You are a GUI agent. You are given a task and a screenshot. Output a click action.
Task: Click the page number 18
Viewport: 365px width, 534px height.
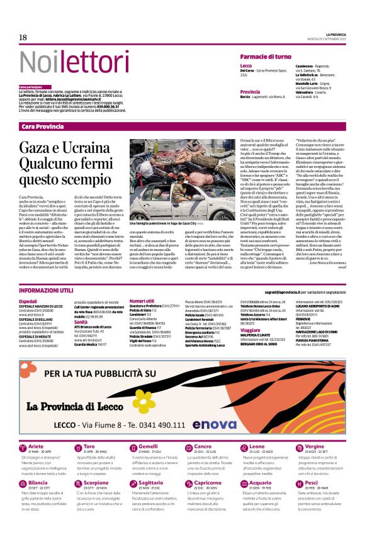click(x=23, y=38)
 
